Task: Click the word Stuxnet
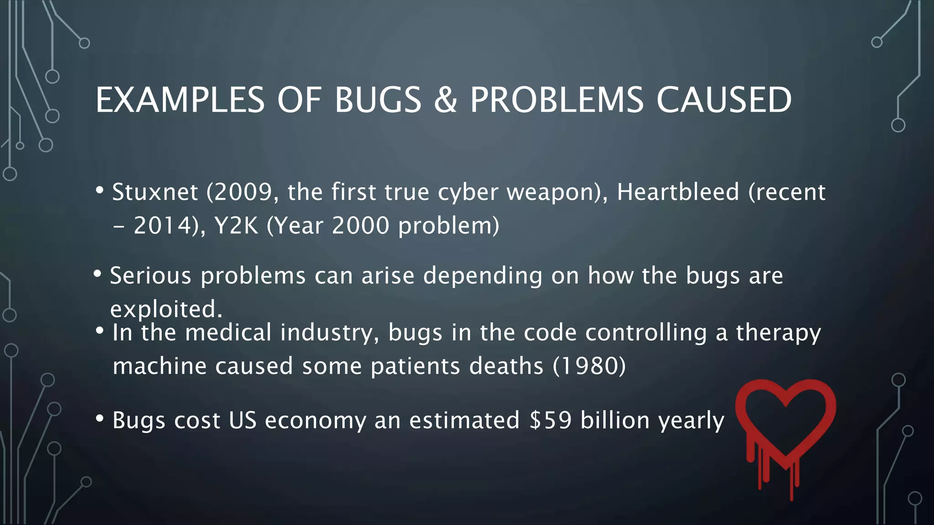coord(155,192)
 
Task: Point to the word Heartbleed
coord(678,192)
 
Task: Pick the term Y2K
coord(236,226)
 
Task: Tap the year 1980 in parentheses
coord(589,366)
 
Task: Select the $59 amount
coord(550,420)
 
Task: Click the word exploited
coord(166,309)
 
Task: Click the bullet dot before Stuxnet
coord(100,190)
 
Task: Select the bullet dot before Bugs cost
coord(100,418)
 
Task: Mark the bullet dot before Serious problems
coord(97,274)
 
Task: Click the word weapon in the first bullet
coord(553,192)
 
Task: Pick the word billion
coord(615,420)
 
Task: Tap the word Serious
coord(151,276)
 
